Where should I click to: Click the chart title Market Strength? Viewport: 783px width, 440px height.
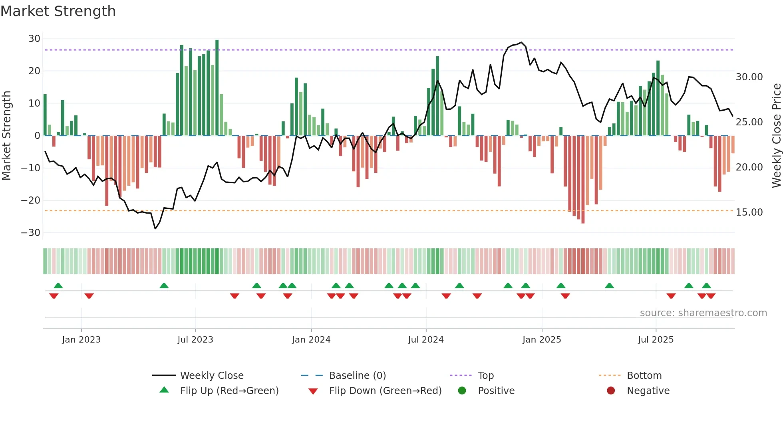point(58,11)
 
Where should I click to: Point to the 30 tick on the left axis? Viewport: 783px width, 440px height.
point(34,39)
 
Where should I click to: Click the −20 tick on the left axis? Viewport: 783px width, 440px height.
point(31,200)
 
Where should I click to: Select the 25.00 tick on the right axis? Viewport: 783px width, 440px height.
point(749,122)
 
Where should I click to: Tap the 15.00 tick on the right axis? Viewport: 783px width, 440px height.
point(749,212)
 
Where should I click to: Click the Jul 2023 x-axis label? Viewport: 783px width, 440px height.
point(195,340)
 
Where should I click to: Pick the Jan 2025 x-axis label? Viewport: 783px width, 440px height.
point(541,340)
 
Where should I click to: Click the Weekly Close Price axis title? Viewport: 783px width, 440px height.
point(776,136)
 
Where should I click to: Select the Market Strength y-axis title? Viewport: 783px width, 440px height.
point(6,136)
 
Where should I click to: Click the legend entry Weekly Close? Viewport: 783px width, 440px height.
point(211,376)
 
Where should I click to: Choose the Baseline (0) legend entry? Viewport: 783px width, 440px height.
point(357,376)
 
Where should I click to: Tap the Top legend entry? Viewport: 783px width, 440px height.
point(485,376)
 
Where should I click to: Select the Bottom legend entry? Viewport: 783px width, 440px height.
point(644,376)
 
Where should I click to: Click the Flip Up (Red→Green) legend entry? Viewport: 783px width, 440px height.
point(229,391)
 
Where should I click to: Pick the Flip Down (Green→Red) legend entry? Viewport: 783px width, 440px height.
point(385,391)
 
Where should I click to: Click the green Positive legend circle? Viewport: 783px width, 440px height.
point(462,391)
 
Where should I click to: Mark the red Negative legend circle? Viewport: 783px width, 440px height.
point(611,391)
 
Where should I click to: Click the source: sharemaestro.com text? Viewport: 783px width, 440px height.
point(703,313)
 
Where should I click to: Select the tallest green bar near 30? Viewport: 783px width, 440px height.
point(217,88)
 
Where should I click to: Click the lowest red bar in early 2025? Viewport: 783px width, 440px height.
point(583,180)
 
